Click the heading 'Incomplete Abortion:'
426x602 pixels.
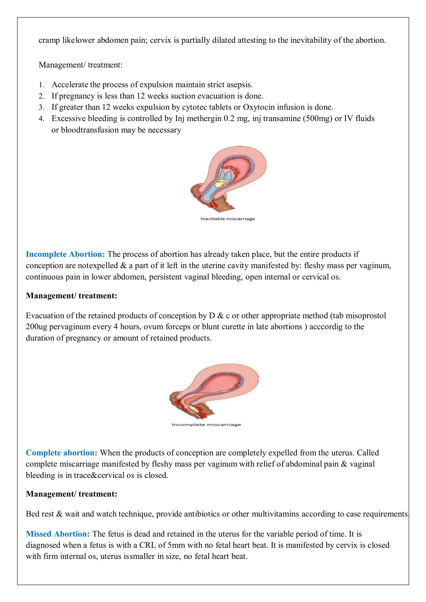[65, 254]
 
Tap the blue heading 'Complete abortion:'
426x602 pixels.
[61, 453]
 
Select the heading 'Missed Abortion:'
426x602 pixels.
[58, 534]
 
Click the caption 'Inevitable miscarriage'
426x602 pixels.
[227, 219]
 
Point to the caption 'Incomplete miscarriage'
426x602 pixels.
[206, 424]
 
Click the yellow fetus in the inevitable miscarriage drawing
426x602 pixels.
[221, 183]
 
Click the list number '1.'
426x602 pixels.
[41, 85]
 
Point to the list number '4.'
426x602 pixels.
[41, 118]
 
